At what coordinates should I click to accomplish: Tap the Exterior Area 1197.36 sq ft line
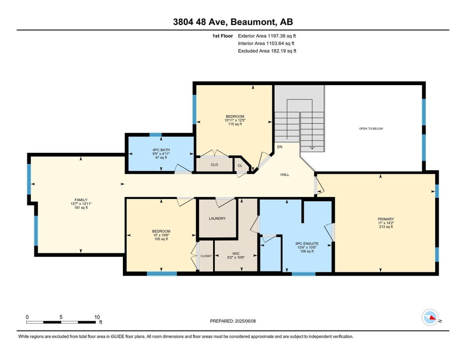pyautogui.click(x=267, y=36)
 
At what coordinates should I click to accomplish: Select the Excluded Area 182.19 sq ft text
pyautogui.click(x=267, y=51)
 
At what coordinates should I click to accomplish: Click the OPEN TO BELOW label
pyautogui.click(x=371, y=129)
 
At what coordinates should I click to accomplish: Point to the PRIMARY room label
pyautogui.click(x=386, y=219)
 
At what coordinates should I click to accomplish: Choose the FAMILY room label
pyautogui.click(x=81, y=200)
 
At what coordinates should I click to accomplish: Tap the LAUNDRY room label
pyautogui.click(x=217, y=218)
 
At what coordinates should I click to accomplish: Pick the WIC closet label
pyautogui.click(x=236, y=254)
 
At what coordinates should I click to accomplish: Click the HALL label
pyautogui.click(x=285, y=175)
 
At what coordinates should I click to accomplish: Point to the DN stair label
pyautogui.click(x=280, y=147)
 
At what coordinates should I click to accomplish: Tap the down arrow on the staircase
pyautogui.click(x=312, y=147)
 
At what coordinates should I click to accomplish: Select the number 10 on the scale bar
pyautogui.click(x=97, y=317)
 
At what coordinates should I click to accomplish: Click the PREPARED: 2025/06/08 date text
pyautogui.click(x=233, y=321)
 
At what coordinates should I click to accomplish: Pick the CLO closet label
pyautogui.click(x=214, y=165)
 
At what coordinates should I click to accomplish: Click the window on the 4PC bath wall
pyautogui.click(x=156, y=135)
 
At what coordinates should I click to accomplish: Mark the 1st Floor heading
pyautogui.click(x=223, y=36)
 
